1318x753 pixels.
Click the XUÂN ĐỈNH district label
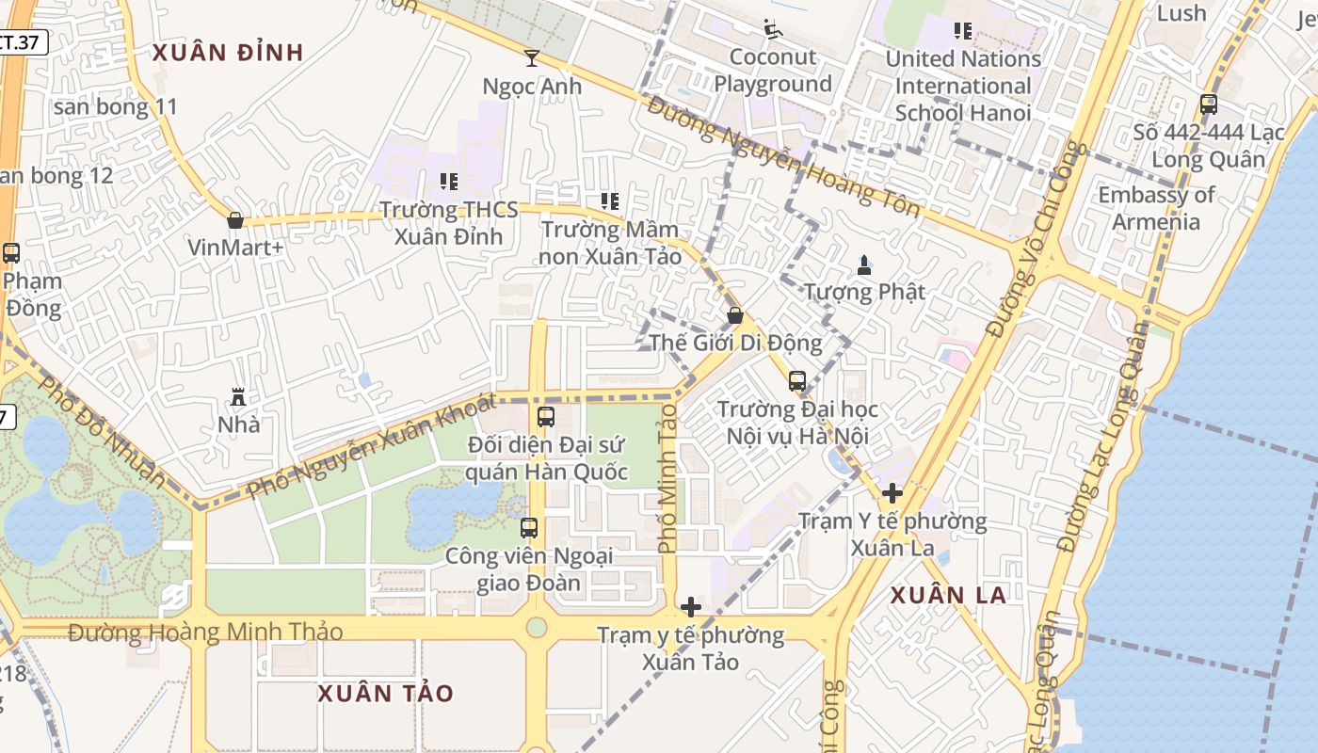click(x=228, y=53)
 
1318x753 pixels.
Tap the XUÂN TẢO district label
click(x=385, y=694)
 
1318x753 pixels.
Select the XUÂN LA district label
click(x=948, y=595)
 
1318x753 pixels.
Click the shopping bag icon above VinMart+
click(x=235, y=220)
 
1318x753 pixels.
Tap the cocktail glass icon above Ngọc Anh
click(x=532, y=58)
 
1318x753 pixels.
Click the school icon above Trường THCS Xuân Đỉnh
click(x=449, y=181)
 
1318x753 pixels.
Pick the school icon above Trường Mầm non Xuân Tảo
click(x=610, y=201)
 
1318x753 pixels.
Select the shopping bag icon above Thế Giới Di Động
click(x=735, y=315)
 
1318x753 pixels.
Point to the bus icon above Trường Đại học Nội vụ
click(x=797, y=381)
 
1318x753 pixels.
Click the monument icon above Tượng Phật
click(x=864, y=264)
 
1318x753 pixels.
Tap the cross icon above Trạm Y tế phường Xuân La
click(x=892, y=492)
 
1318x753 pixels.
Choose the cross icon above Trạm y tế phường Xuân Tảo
click(x=691, y=607)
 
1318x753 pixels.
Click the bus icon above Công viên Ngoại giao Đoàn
click(x=529, y=528)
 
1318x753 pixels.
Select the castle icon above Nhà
click(x=238, y=397)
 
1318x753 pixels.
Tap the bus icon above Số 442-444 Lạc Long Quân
click(x=1209, y=104)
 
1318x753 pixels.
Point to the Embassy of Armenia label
click(x=1156, y=208)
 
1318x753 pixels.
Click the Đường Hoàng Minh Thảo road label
click(x=205, y=632)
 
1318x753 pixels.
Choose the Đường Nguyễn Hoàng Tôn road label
click(x=782, y=155)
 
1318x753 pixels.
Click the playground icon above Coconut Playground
click(x=773, y=30)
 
